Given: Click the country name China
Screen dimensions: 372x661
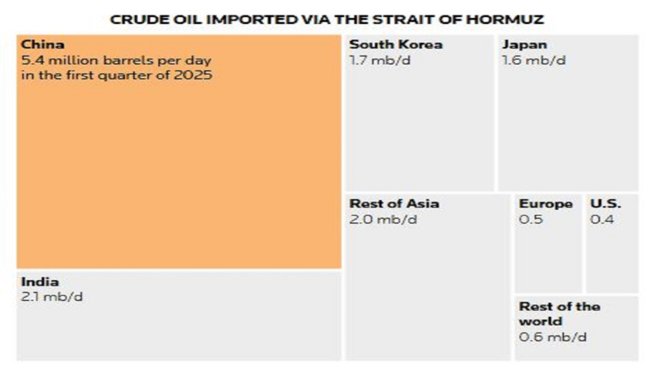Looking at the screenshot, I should [x=42, y=45].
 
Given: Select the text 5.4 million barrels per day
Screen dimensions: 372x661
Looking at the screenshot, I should [x=116, y=60].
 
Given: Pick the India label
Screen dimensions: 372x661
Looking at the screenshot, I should [x=39, y=282].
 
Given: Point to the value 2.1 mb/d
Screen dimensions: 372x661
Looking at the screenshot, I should [x=52, y=297].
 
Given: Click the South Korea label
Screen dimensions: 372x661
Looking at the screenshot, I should [x=396, y=45].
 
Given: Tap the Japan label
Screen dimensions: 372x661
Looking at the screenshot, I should [x=524, y=45].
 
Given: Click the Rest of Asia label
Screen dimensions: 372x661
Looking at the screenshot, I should [x=394, y=204].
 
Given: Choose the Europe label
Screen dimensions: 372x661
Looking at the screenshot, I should [x=545, y=204].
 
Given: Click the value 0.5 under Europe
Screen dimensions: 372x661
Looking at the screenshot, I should [x=531, y=219].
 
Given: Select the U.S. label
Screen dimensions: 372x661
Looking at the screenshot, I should [x=605, y=204].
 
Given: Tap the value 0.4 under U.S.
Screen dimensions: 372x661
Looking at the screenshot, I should [x=602, y=219].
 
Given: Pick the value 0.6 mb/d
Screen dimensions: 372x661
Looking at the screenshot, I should [x=552, y=336].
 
